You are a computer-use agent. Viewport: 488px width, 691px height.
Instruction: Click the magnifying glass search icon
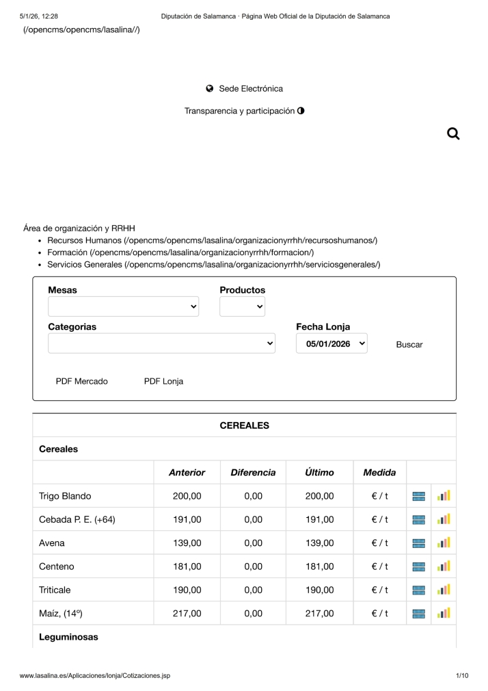point(452,134)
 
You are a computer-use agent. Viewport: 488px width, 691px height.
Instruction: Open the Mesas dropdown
point(123,307)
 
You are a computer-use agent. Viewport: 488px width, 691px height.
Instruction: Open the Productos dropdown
point(242,307)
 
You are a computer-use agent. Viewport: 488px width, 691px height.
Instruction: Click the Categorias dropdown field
point(161,343)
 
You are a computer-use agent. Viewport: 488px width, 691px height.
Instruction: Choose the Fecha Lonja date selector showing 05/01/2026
point(331,343)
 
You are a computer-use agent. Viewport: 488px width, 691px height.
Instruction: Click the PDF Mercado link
point(81,381)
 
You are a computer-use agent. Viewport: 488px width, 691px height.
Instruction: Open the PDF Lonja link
point(163,381)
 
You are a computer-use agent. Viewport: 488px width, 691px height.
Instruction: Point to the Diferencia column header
point(253,473)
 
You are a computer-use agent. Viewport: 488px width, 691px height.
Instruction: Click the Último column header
point(319,473)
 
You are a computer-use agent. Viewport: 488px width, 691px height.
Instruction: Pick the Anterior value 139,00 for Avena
point(187,543)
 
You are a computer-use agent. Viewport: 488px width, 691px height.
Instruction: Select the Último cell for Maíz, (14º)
point(319,614)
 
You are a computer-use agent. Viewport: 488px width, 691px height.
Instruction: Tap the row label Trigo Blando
point(65,496)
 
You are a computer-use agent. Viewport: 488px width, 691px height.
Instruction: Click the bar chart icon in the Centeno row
point(444,566)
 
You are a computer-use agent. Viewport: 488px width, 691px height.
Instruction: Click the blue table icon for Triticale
point(419,590)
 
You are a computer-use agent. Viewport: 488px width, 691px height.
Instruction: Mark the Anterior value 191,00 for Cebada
point(187,520)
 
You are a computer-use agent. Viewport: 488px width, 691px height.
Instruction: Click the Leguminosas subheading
point(68,637)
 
